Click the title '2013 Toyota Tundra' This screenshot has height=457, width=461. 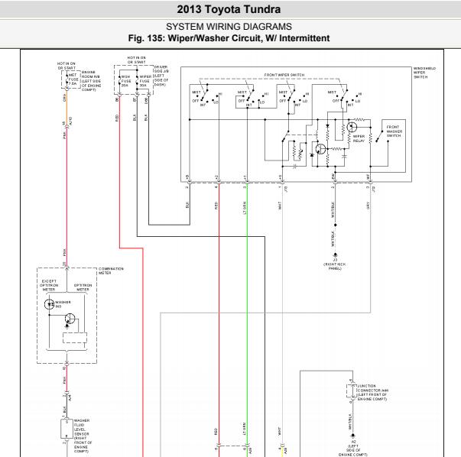click(x=230, y=10)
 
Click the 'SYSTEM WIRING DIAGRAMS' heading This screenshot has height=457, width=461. click(x=230, y=27)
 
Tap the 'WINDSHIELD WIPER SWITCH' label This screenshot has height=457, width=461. click(x=425, y=73)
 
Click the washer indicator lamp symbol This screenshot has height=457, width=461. click(x=50, y=303)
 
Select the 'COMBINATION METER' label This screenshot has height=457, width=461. click(x=112, y=270)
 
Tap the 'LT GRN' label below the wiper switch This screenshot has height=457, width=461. click(x=245, y=205)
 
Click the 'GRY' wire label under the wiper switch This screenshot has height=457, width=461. click(x=368, y=205)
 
